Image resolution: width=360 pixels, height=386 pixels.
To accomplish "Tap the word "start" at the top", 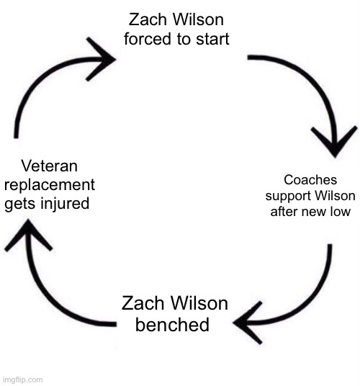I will coord(210,39).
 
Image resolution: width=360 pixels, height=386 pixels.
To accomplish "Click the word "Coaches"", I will coord(305,181).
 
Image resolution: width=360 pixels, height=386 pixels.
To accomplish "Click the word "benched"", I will coord(172,324).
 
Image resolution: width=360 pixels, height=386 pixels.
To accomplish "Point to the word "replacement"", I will coord(50,184).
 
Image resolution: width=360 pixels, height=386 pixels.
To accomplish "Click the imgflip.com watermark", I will coord(22,380).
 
